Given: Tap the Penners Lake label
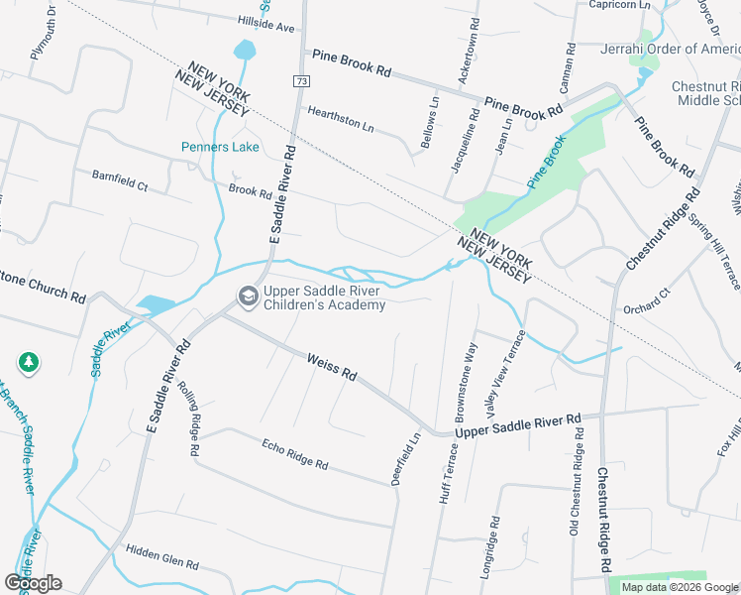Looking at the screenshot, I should click(x=220, y=148).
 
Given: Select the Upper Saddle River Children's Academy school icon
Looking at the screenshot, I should click(x=247, y=297).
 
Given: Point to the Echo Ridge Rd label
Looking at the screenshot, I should click(x=294, y=455).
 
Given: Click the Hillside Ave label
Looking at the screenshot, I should click(x=266, y=24).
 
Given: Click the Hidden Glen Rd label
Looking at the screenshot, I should click(x=162, y=555).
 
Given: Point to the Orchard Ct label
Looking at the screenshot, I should click(x=646, y=301).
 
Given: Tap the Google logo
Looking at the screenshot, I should click(x=33, y=582).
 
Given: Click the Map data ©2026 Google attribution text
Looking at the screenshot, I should click(x=679, y=587).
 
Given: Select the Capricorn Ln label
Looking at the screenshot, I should click(x=619, y=5).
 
